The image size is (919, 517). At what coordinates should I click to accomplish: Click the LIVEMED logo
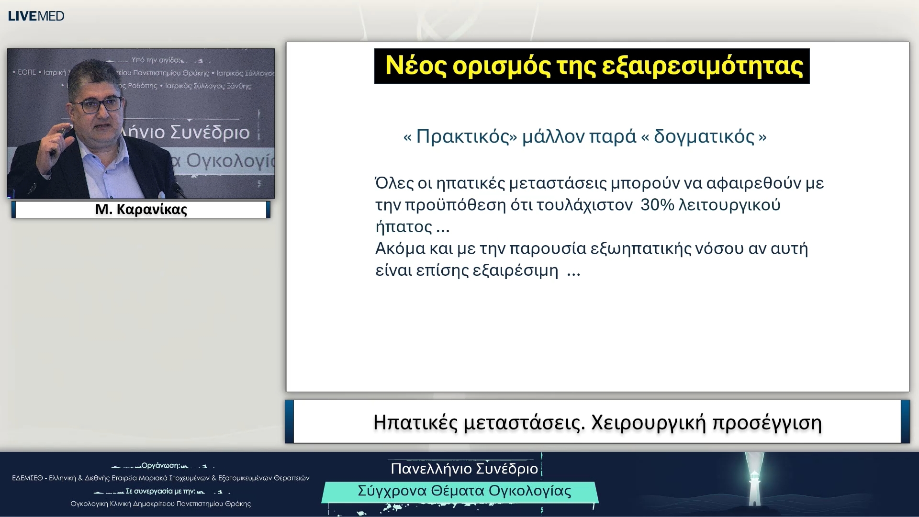point(36,16)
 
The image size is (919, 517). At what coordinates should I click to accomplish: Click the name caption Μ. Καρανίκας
point(141,209)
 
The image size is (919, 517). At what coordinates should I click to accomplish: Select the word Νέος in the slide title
point(415,66)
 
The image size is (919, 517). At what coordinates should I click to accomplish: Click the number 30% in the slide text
point(657,205)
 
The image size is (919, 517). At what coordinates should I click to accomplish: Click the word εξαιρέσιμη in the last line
point(515,270)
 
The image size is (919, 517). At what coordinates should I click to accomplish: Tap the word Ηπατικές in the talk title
point(415,423)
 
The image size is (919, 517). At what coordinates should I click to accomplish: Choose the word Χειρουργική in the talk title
point(649,423)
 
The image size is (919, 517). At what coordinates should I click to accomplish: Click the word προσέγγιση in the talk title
point(767,423)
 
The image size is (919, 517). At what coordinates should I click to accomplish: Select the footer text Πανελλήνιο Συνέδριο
point(464,469)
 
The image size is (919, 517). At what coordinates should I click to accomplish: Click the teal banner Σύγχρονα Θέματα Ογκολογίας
point(464,491)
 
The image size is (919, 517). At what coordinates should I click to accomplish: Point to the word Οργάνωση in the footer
point(160,465)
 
